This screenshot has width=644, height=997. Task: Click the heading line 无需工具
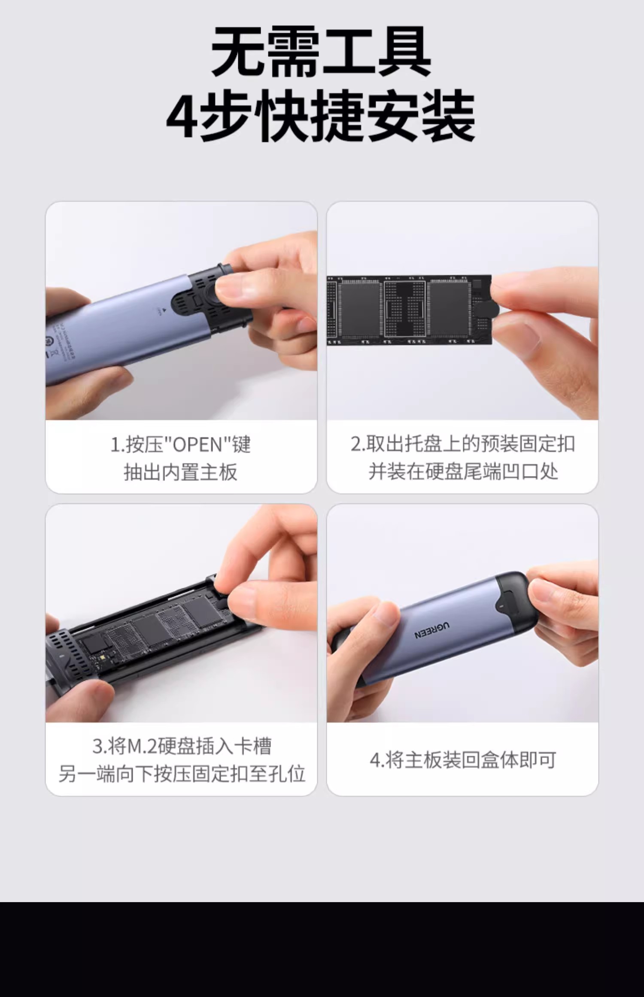pos(322,52)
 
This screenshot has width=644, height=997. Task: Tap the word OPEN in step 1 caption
pos(198,445)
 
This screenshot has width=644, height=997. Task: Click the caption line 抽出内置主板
pos(180,472)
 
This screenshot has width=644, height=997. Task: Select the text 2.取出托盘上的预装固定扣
pos(463,444)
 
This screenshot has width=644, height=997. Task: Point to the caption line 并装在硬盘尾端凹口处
pos(463,471)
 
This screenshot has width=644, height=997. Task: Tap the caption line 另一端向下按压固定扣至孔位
pos(182,774)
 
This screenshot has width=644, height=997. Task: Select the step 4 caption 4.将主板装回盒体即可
pos(463,760)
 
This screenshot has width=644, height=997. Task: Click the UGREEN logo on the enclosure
pos(432,630)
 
